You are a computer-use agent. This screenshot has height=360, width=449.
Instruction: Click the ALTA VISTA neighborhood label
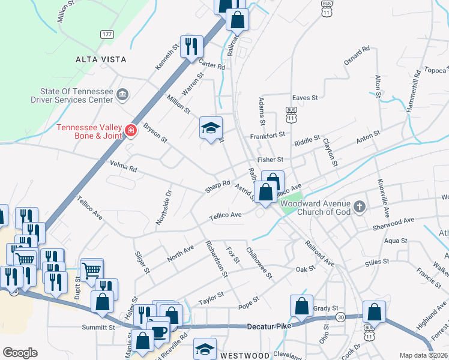tap(101, 59)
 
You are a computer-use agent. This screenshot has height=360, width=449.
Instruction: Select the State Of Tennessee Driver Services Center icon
tap(122, 94)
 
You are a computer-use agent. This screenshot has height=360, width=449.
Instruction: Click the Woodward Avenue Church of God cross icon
tap(359, 207)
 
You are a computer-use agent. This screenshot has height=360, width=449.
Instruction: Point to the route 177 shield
tap(107, 34)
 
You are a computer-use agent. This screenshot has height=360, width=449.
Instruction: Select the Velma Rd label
tap(123, 166)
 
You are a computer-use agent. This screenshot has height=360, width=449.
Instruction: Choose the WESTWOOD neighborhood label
tap(244, 355)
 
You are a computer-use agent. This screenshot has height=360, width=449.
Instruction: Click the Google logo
tap(20, 353)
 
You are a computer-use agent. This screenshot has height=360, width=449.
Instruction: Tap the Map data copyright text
tap(424, 355)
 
